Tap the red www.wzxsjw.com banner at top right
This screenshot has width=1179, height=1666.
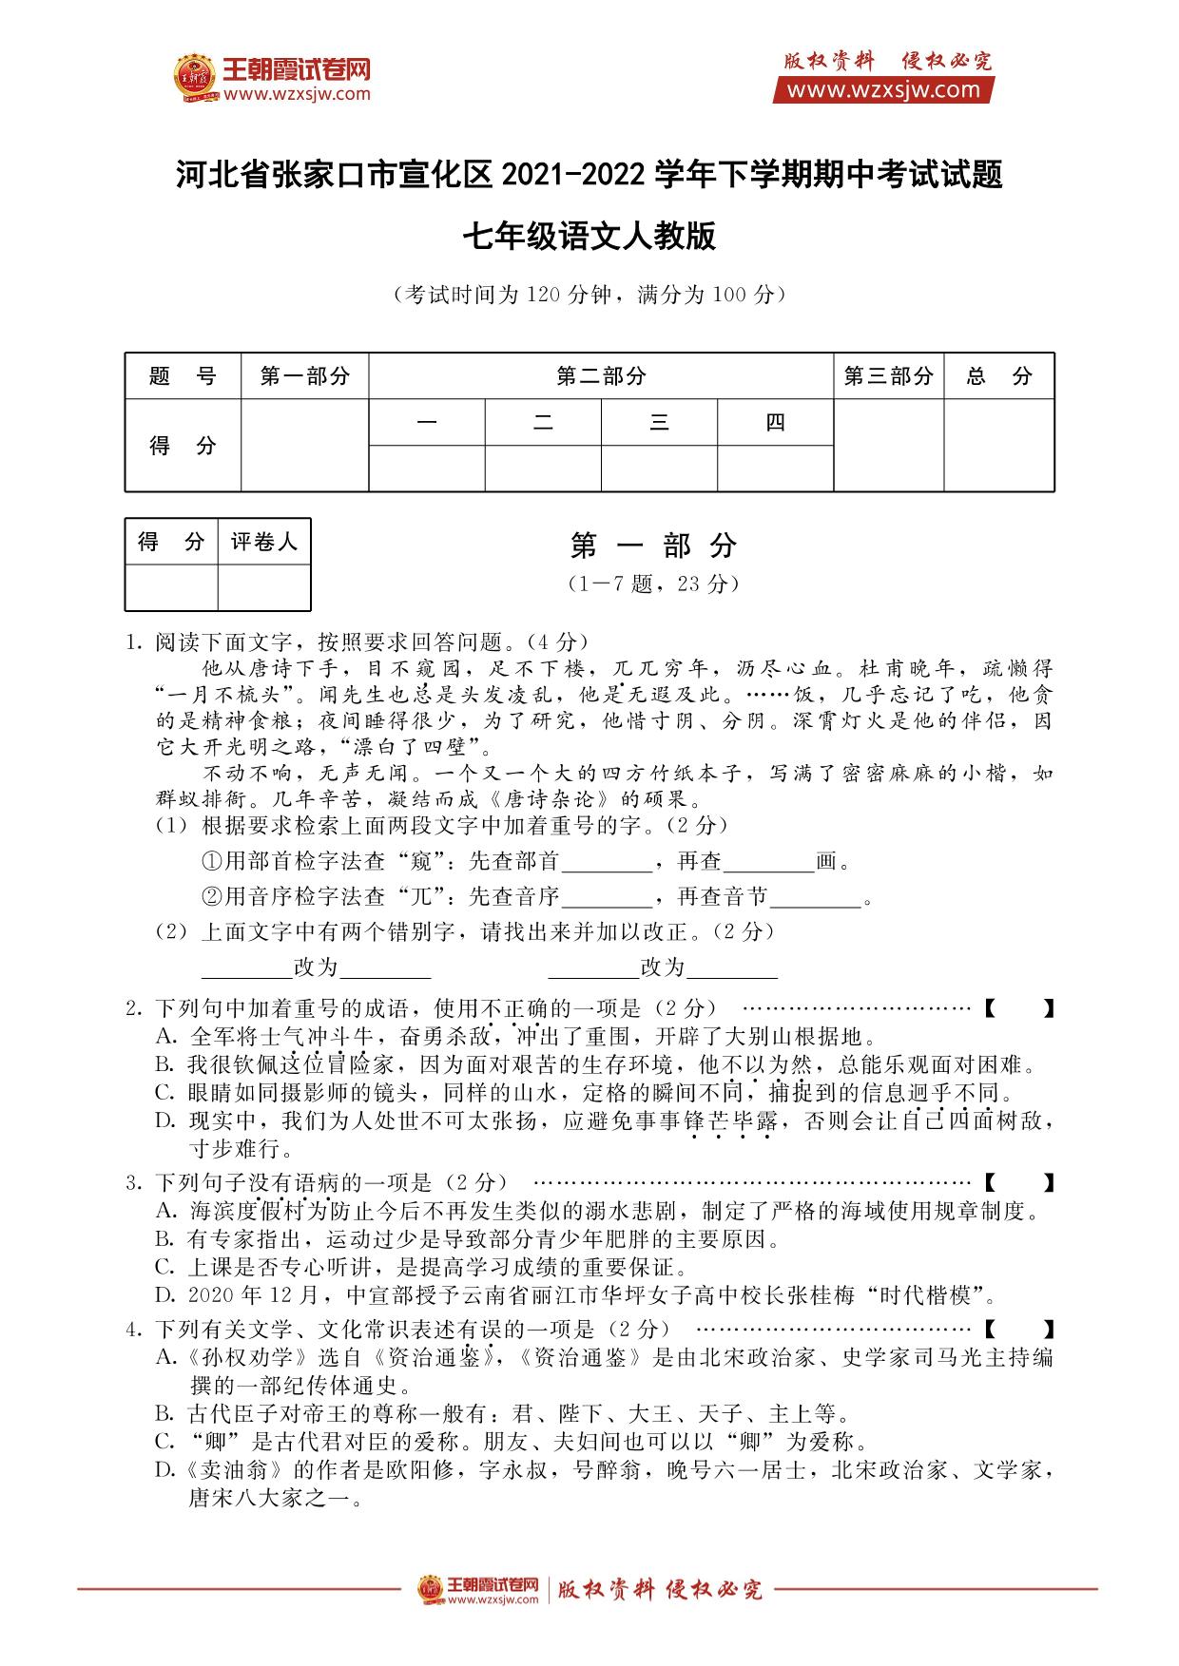pos(883,90)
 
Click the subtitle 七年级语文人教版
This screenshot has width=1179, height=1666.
pos(589,237)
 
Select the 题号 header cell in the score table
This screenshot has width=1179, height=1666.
pos(183,376)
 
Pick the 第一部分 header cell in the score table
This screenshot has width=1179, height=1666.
pos(305,376)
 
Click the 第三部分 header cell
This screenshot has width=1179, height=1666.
pos(888,376)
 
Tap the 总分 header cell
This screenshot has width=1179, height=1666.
pos(998,376)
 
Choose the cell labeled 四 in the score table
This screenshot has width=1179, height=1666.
pos(775,423)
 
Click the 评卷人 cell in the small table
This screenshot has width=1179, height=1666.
pos(264,542)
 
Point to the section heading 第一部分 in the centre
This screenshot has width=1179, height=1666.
pos(653,546)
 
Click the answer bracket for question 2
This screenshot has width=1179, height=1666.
pos(1018,1008)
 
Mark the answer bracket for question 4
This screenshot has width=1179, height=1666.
pos(1018,1329)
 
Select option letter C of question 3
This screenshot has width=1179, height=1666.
pos(165,1267)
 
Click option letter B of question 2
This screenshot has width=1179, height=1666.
pos(165,1064)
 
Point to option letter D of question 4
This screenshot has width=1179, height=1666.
pos(165,1471)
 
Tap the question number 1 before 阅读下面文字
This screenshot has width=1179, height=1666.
pos(133,642)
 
